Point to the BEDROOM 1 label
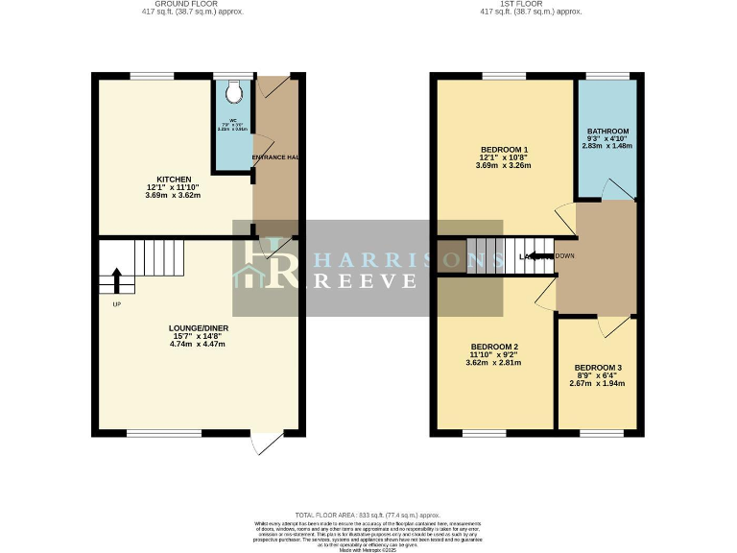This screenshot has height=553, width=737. tap(504, 150)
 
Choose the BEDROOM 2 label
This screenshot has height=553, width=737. tap(494, 347)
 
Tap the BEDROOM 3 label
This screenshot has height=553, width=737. tap(598, 368)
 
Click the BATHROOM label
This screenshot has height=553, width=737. tap(607, 132)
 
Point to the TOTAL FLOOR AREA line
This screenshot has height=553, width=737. tap(368, 515)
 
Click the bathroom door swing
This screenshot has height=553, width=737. tap(611, 189)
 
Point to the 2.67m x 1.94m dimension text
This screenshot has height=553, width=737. tap(598, 383)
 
